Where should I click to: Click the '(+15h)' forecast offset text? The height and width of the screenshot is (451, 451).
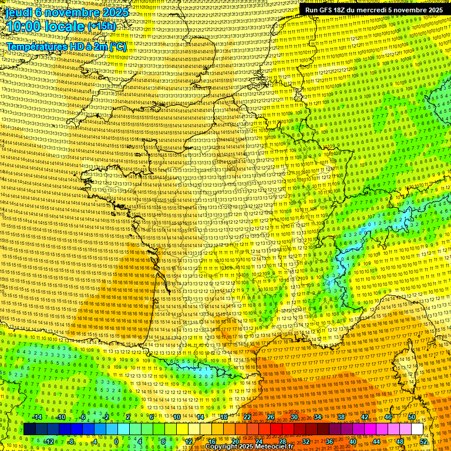(101, 26)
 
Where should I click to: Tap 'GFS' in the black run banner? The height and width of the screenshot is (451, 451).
(327, 10)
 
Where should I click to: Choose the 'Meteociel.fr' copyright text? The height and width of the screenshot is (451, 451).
(271, 447)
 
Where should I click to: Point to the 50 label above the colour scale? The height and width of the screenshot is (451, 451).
(412, 417)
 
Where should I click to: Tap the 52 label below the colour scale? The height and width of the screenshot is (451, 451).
(423, 442)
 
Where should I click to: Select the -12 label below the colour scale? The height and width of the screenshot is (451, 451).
(49, 442)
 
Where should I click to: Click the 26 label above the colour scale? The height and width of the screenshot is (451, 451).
(271, 417)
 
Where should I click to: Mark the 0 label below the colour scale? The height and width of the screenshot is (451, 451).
(116, 442)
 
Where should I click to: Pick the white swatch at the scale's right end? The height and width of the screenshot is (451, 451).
(417, 429)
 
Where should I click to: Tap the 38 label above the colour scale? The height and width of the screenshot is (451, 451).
(341, 417)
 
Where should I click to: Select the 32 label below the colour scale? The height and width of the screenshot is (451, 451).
(306, 442)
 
